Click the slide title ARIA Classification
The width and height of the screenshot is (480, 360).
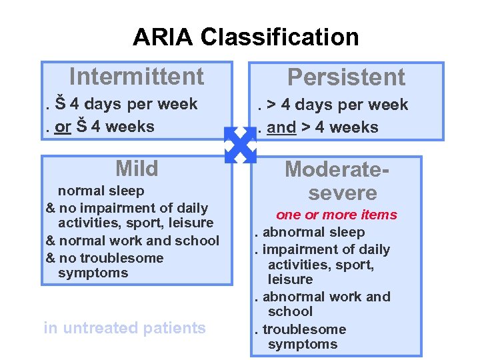click(245, 37)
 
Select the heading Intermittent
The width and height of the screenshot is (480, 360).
click(137, 77)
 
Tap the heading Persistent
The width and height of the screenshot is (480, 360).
click(346, 77)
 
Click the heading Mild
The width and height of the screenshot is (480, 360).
click(137, 168)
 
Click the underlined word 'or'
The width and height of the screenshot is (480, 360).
click(63, 127)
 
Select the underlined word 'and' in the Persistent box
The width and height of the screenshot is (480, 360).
click(281, 127)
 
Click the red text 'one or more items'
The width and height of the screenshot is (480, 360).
click(337, 215)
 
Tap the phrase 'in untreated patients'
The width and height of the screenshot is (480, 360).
click(125, 328)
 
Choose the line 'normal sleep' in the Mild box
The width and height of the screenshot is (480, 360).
click(101, 191)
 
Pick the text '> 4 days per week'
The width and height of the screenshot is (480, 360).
click(337, 105)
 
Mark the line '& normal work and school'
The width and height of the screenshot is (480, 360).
click(132, 241)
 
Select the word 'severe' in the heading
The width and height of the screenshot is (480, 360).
click(343, 193)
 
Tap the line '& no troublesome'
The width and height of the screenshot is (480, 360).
click(104, 258)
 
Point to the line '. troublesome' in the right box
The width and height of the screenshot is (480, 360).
click(299, 329)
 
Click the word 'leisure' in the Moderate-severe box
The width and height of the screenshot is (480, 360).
click(290, 279)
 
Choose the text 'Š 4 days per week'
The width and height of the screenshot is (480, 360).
click(127, 104)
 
